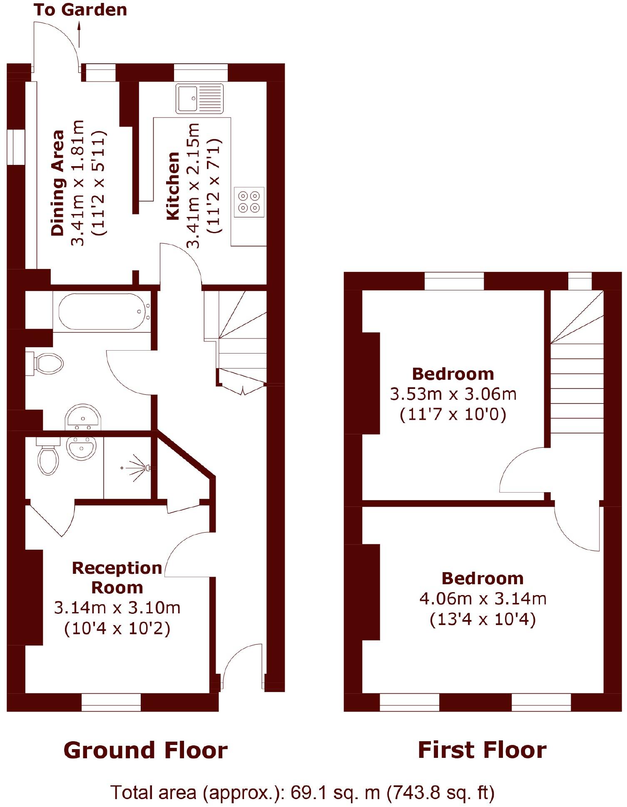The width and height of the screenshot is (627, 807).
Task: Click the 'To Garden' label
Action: pyautogui.click(x=80, y=10)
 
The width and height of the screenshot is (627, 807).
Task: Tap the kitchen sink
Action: pyautogui.click(x=199, y=98)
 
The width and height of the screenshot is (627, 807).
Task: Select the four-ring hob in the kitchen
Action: pyautogui.click(x=249, y=202)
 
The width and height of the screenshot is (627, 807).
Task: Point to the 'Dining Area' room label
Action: pyautogui.click(x=58, y=183)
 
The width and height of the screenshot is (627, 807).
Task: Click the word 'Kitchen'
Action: pyautogui.click(x=173, y=186)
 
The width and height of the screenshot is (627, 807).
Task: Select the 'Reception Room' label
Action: pyautogui.click(x=117, y=578)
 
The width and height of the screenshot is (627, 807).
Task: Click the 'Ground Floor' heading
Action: pyautogui.click(x=145, y=750)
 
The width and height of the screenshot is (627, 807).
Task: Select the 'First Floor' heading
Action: pyautogui.click(x=482, y=750)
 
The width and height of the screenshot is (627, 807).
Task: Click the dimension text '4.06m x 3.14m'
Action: pyautogui.click(x=483, y=599)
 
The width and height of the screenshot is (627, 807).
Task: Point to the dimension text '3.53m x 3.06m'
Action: pyautogui.click(x=453, y=394)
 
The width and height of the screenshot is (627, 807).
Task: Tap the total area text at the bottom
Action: pyautogui.click(x=302, y=792)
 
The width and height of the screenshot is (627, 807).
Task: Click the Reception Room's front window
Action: pyautogui.click(x=111, y=702)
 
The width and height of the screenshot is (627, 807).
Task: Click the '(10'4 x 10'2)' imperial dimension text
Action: pyautogui.click(x=117, y=628)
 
